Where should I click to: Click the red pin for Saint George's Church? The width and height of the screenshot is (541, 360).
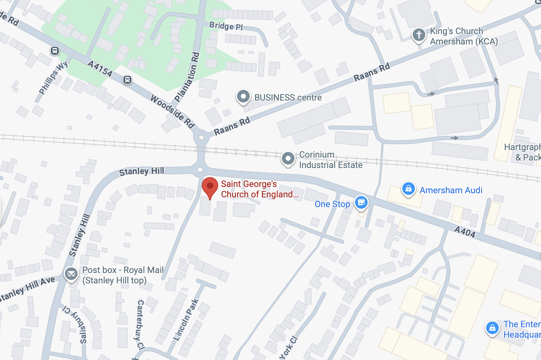tap(210, 186)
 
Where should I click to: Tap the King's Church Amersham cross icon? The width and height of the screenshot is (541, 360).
tap(419, 35)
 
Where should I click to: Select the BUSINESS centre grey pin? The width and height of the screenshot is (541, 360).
tap(243, 96)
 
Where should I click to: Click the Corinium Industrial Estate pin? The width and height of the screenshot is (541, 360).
tap(288, 158)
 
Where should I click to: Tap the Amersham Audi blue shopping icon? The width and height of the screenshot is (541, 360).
tap(408, 189)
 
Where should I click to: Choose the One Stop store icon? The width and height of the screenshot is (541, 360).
tap(361, 202)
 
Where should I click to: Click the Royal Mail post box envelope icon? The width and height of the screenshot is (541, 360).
tap(71, 274)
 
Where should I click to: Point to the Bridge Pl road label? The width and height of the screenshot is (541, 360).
tap(226, 26)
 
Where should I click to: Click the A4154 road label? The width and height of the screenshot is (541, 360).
tap(100, 68)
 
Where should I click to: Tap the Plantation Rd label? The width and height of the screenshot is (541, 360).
tap(188, 77)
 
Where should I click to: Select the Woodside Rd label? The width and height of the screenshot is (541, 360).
tap(172, 111)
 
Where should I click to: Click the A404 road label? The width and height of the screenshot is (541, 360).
tap(464, 232)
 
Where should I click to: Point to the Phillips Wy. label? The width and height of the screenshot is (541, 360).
tap(54, 77)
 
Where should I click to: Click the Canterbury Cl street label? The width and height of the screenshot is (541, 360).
tap(141, 325)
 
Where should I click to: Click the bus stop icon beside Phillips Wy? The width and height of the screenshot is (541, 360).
tap(55, 50)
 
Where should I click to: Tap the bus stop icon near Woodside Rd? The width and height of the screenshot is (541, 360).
tap(127, 79)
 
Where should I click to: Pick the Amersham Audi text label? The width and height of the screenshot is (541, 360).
tap(451, 190)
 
